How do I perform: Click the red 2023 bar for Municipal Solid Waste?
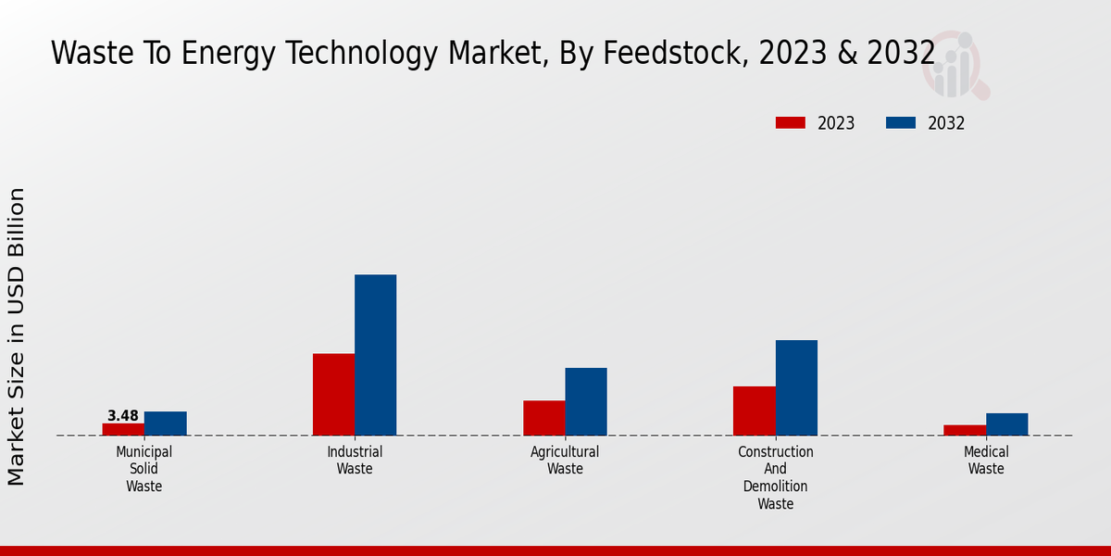point(123,429)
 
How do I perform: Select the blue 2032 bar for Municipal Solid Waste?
point(166,423)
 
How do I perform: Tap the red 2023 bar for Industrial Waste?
point(333,395)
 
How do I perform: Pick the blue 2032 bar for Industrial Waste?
point(376,355)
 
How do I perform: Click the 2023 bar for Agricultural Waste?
point(544,418)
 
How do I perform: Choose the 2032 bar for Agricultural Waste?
point(586,401)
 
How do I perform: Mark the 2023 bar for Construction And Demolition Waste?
point(755,411)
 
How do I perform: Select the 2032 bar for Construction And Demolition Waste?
point(796,387)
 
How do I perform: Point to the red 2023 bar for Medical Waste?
point(965,430)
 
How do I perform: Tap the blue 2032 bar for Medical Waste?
point(1007,424)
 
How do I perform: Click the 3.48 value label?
point(123,416)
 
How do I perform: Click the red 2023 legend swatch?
point(791,123)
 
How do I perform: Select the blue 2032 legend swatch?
point(901,123)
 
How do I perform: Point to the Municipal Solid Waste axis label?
point(144,469)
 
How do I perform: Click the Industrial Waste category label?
point(355,461)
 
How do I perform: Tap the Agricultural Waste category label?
point(565,461)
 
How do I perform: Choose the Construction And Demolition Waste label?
point(776,477)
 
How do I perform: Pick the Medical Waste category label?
point(986,461)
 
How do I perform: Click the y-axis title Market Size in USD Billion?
point(17,336)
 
